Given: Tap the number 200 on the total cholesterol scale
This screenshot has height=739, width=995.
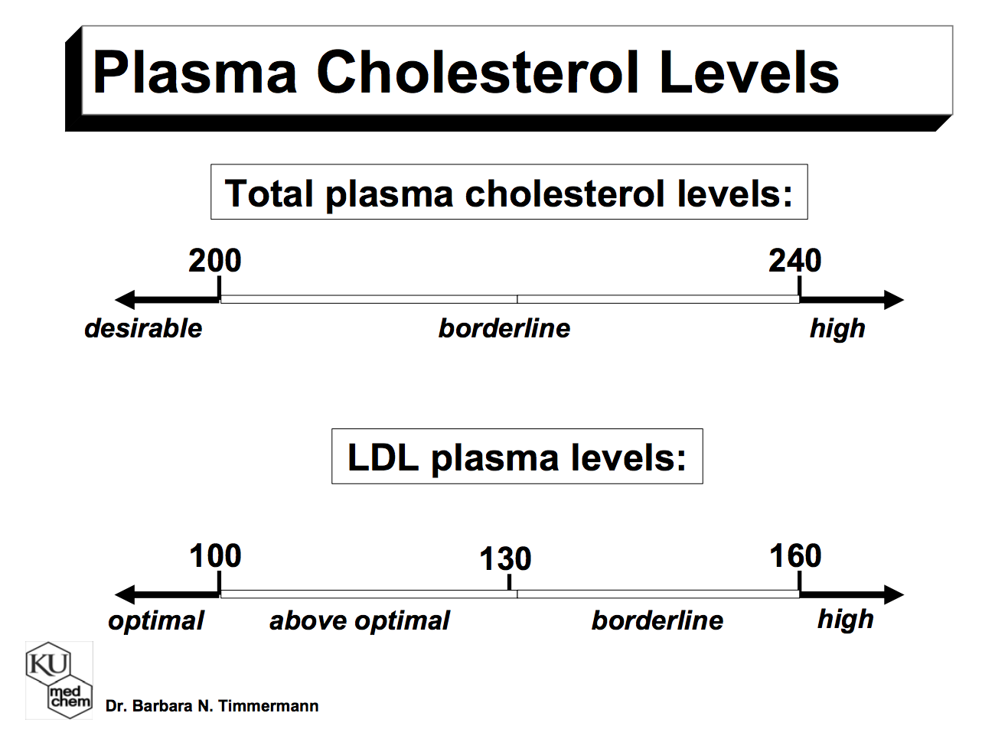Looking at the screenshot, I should (x=215, y=262).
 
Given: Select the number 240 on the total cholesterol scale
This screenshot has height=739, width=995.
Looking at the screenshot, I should (x=795, y=262).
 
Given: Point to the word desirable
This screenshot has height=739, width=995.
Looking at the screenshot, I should (x=143, y=328).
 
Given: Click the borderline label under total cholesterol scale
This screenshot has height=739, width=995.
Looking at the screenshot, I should (x=504, y=328).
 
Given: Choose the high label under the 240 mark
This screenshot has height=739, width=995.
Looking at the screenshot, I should (x=837, y=329).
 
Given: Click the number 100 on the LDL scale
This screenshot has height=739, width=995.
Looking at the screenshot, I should (x=215, y=556).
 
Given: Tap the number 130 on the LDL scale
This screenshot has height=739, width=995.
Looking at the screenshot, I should (x=505, y=559).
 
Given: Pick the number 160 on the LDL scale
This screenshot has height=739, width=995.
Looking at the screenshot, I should (x=795, y=556).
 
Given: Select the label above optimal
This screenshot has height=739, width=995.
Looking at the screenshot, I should (x=360, y=620).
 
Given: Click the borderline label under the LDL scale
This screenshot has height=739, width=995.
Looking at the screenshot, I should (x=657, y=620).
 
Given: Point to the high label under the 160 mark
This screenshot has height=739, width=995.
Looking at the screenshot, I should (x=846, y=619).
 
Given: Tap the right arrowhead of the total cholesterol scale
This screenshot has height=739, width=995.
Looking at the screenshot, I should (x=893, y=300).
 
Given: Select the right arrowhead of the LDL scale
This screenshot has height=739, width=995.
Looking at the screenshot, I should (x=893, y=594).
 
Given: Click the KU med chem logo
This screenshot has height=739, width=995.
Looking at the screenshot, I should (x=59, y=680).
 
